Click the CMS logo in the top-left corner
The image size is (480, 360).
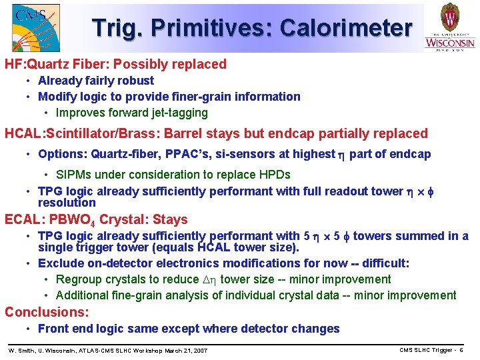click(35, 27)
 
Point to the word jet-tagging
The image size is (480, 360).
click(175, 113)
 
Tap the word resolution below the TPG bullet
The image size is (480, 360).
click(67, 203)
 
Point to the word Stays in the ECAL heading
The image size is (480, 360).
click(170, 220)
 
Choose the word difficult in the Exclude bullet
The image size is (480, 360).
click(383, 263)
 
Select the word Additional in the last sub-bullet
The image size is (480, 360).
click(83, 295)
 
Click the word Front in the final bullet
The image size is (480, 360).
click(53, 329)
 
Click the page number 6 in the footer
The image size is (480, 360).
click(461, 351)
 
